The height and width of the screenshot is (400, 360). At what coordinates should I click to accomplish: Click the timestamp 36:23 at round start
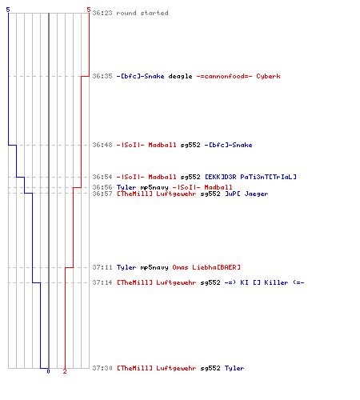coord(102,13)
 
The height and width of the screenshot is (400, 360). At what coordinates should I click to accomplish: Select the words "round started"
coord(142,13)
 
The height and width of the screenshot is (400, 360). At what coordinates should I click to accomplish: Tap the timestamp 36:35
coord(102,76)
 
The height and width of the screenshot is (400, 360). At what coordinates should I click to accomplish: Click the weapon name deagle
coord(180,76)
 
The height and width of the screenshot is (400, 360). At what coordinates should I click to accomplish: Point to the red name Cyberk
coord(268,76)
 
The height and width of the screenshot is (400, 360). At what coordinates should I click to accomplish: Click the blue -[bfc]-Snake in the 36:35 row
coord(140,76)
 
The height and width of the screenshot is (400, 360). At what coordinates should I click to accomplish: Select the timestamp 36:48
coord(102,145)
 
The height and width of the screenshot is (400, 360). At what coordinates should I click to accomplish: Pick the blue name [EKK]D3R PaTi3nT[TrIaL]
coord(250,177)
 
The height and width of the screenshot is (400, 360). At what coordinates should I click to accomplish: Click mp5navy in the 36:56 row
coord(154,187)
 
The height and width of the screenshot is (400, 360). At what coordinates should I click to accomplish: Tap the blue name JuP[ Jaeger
coord(246,194)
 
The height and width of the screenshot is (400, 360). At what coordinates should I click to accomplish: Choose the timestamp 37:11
coord(102,267)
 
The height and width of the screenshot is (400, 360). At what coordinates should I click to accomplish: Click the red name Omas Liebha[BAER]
coord(206,267)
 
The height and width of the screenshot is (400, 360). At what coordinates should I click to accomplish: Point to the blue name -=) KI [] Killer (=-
coord(264,282)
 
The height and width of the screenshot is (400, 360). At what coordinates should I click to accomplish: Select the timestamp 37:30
coord(102,368)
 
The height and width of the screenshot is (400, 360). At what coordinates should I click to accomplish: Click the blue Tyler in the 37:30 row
coord(234,368)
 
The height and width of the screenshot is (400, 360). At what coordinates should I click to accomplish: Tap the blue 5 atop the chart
coord(8,10)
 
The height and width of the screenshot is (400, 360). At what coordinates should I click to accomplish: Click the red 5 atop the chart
coord(89,10)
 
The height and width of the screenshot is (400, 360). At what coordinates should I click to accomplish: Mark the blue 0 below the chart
coord(48,371)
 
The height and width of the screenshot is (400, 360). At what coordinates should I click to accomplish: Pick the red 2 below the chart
coord(65,371)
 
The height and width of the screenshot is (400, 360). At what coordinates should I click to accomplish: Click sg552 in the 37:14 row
coord(210,282)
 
